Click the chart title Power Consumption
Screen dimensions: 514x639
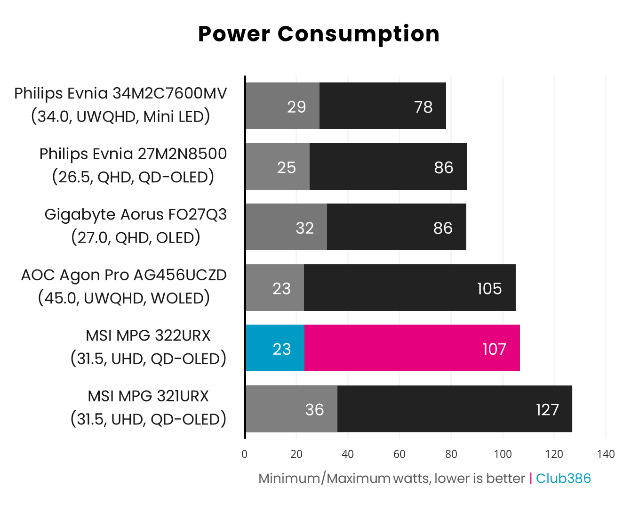319,34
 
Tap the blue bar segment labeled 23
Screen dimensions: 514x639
275,348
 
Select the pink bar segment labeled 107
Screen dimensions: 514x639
412,348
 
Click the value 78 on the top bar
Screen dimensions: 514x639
423,107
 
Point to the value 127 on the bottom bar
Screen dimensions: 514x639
547,409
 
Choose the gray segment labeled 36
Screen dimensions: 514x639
292,409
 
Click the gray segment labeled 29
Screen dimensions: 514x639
282,106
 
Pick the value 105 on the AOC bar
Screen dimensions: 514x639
489,288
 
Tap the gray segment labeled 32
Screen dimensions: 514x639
286,227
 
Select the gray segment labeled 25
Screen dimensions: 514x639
278,167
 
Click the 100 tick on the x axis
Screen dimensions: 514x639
503,454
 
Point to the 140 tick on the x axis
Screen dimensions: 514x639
606,454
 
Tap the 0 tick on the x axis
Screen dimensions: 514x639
244,454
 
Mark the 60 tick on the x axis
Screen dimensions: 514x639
399,454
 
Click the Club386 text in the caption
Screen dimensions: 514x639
563,478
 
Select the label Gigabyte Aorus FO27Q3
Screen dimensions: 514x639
136,214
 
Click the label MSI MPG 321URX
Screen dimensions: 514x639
148,396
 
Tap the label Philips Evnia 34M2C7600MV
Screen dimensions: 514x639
120,93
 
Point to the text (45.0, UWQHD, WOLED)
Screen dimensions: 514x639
124,298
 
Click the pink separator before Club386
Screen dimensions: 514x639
531,478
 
